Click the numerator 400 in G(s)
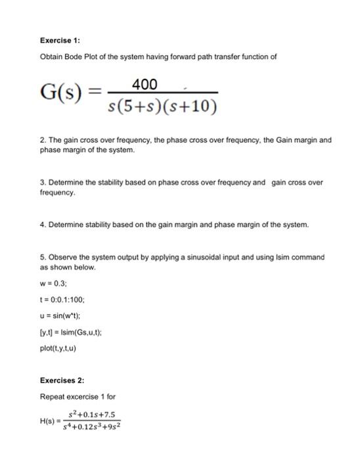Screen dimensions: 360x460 (145, 84)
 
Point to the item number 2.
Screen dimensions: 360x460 (42, 140)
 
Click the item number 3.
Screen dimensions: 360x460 (42, 182)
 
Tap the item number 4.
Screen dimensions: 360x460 (42, 224)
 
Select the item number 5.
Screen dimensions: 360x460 (42, 257)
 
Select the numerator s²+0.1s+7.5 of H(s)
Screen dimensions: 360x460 (95, 414)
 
